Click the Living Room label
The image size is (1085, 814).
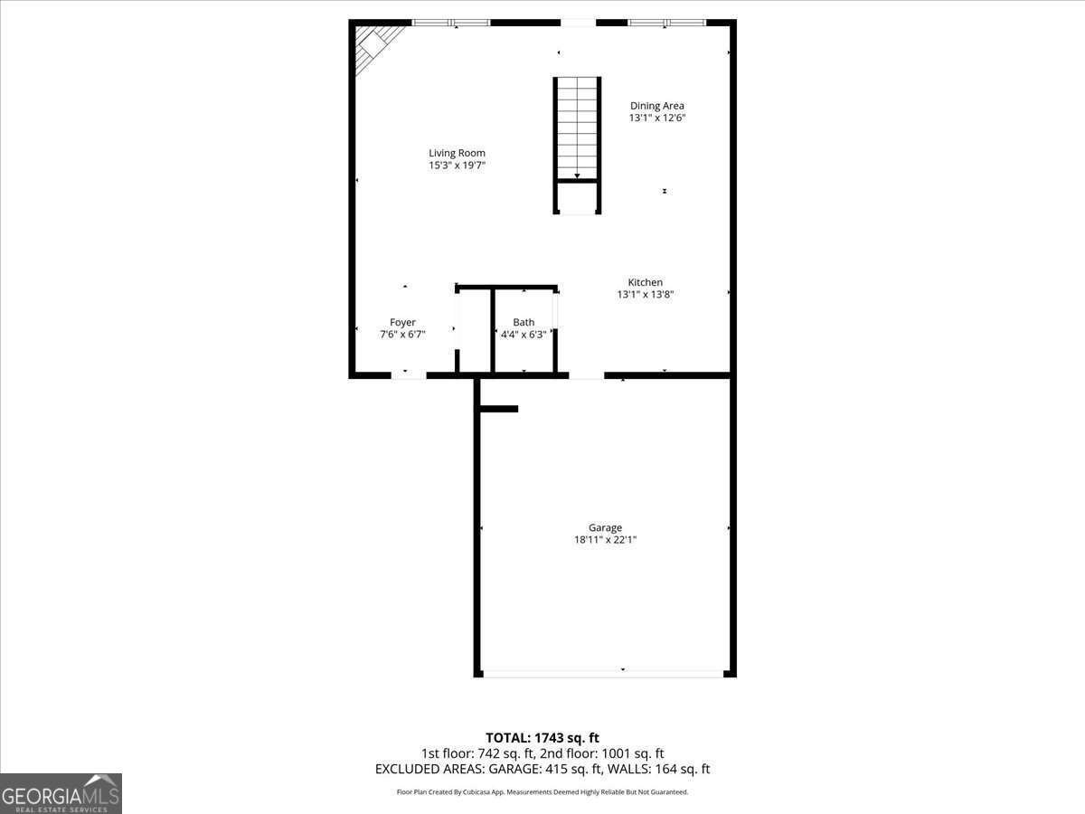coord(457,153)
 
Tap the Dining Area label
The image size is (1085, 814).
coord(657,106)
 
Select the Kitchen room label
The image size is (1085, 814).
coord(646,282)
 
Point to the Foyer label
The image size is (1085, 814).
coord(402,322)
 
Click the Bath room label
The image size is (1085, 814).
coord(524,322)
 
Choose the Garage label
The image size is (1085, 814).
coord(605,528)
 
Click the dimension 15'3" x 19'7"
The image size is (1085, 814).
coord(458,166)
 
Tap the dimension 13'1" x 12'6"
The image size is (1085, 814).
coord(657,118)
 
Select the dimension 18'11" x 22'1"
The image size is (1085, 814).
coord(606,540)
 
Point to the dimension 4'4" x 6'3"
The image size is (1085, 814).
coord(524,334)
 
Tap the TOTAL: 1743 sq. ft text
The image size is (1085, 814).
coord(542,738)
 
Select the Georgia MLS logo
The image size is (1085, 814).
coord(61,793)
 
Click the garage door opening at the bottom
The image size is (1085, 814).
coord(603,673)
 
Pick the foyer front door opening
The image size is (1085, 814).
coord(408,374)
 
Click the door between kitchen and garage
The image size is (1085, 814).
coord(586,374)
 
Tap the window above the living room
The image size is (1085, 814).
coord(451,23)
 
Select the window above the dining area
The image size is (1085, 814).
coord(666,23)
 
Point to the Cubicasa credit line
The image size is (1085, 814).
coord(542,792)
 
